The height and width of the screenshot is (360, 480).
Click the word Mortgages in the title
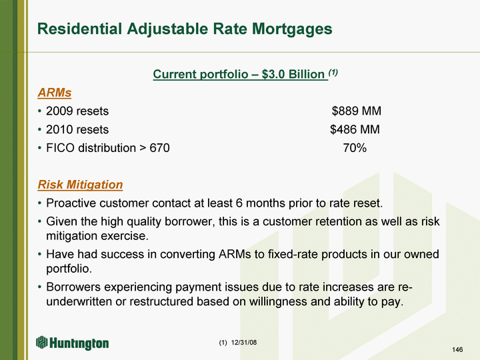[292, 29]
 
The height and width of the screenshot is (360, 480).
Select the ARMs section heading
[55, 93]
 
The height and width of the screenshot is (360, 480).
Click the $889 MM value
[356, 111]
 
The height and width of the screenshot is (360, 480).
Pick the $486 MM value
[355, 129]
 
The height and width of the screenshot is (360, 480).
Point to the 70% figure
[355, 148]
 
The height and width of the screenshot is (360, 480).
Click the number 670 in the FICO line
[159, 148]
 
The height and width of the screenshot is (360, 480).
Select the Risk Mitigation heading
[80, 185]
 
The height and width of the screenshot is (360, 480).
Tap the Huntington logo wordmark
[79, 343]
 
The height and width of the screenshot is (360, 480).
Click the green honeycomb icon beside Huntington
[41, 342]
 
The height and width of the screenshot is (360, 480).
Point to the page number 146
[457, 349]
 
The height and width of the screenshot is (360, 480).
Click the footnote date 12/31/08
[244, 343]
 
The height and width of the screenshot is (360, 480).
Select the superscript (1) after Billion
[333, 72]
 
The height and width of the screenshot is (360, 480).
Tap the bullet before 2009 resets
[39, 111]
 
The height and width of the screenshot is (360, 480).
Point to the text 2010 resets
[77, 129]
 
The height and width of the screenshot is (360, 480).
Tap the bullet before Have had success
[39, 255]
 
